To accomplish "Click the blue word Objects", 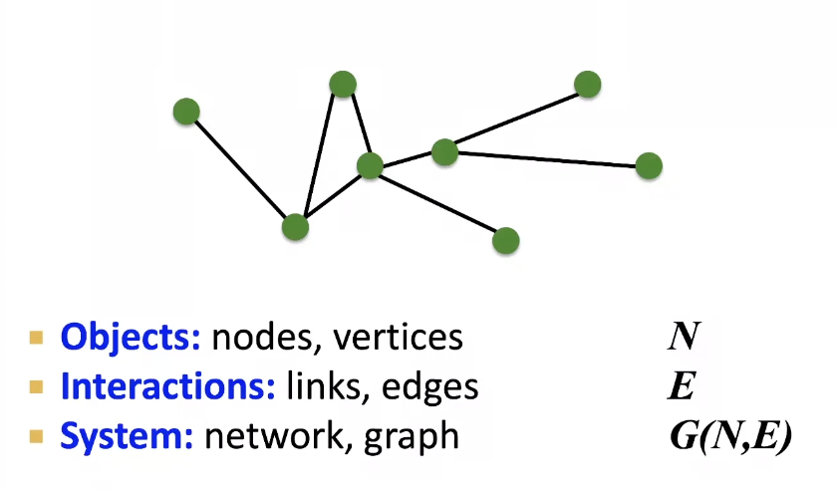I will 131,338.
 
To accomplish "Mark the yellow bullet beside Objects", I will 37,338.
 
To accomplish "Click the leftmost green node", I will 186,111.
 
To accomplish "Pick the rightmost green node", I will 649,165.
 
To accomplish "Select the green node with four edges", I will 370,165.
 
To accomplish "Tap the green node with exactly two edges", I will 343,84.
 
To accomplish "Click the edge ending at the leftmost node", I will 239,168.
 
